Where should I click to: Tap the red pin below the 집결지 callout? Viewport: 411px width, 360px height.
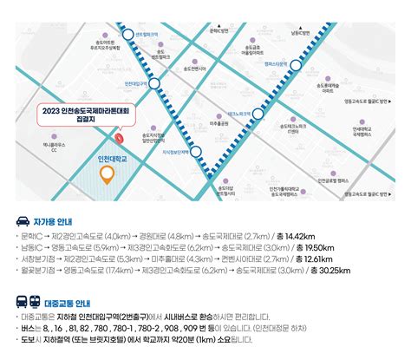pos(121,138)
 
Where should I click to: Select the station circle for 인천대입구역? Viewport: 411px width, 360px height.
pos(156,84)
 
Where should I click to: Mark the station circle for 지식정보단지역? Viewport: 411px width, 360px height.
pos(197,152)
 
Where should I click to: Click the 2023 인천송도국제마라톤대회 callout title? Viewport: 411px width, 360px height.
pos(83,110)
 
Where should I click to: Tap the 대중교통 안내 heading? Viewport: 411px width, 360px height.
pos(75,303)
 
